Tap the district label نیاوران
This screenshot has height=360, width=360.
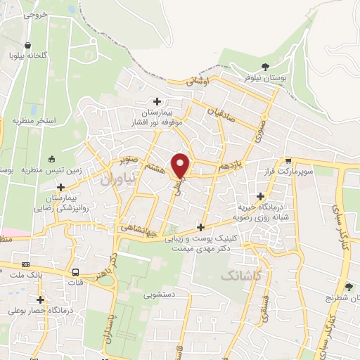116,181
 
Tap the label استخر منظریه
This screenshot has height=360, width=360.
33,122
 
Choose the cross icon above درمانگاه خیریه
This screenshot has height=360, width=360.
262,195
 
